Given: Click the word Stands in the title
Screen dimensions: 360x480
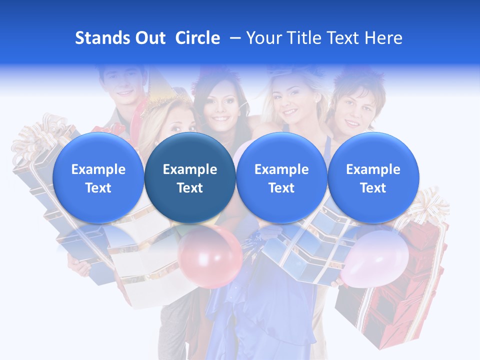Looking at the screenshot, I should click(x=103, y=38).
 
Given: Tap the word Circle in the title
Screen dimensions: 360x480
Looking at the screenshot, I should click(x=197, y=38).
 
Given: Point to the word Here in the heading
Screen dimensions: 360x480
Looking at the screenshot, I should click(x=383, y=38).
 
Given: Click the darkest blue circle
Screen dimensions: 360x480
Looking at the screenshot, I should click(x=190, y=178).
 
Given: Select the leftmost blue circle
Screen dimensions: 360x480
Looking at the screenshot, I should click(x=98, y=178).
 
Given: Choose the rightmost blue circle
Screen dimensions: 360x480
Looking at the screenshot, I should click(x=373, y=178).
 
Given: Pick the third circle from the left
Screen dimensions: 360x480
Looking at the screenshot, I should click(x=281, y=178).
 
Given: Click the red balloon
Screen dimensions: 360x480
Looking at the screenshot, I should click(x=210, y=257).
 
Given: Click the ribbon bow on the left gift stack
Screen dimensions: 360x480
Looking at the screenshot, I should click(x=35, y=137).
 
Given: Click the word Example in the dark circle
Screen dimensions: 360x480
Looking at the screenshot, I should click(x=190, y=169).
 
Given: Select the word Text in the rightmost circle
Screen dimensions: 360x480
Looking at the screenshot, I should click(x=373, y=188).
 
